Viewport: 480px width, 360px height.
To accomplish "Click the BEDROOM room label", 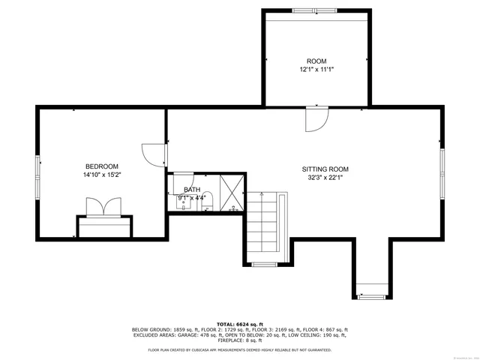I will coord(101,166).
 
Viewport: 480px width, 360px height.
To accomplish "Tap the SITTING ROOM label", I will coord(325,169).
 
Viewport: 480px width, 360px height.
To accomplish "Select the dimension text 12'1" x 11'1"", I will coord(316,69).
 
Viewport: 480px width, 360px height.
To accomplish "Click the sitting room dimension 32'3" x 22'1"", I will coord(325,178).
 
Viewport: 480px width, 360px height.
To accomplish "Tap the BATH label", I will coord(192,190).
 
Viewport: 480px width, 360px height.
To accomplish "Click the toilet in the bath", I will coord(207,201).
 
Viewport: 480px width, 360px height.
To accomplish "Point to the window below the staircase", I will coord(264,264).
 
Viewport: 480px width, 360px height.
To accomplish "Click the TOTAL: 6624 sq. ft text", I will coord(239,323).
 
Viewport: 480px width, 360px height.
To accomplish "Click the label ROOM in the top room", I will coord(316,61).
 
